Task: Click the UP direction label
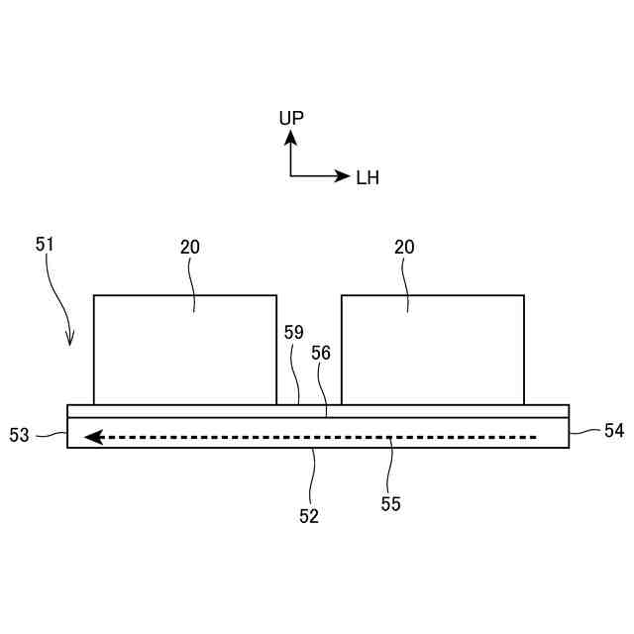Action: click(291, 118)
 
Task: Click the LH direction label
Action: click(367, 178)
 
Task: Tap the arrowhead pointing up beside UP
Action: click(291, 139)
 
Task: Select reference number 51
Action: click(46, 243)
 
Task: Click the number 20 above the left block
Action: click(190, 248)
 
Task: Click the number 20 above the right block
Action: click(404, 248)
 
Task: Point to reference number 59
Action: click(293, 333)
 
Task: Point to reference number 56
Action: click(321, 353)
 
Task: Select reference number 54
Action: click(613, 430)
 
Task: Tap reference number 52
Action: click(309, 515)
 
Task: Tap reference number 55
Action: click(390, 503)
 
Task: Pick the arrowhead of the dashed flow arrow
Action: click(93, 436)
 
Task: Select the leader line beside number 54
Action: click(585, 431)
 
